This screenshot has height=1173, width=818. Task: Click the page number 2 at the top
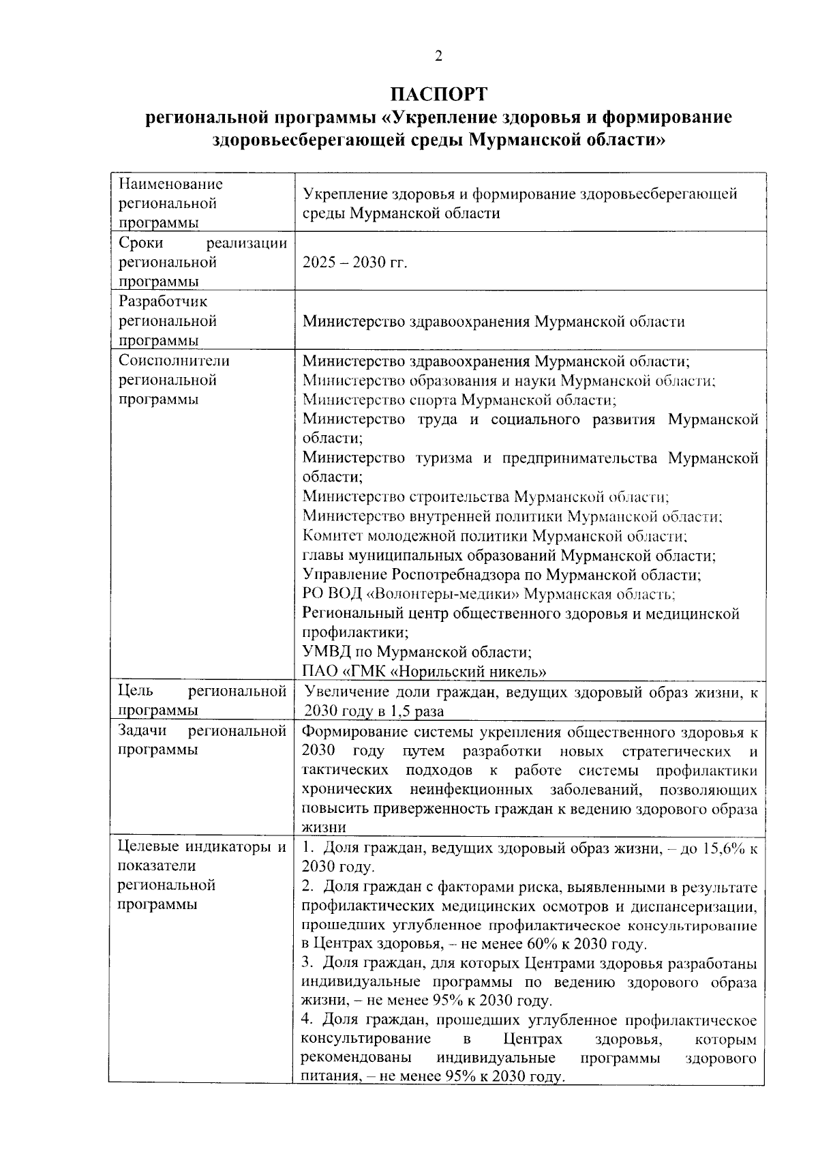point(439,56)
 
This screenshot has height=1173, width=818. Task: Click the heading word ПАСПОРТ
point(439,93)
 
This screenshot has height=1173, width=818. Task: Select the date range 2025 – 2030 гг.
point(354,263)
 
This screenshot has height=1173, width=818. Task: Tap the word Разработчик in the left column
point(163,301)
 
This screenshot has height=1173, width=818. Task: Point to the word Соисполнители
point(174,361)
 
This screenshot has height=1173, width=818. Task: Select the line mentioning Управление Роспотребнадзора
point(502,575)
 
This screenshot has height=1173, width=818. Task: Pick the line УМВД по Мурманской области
point(416,652)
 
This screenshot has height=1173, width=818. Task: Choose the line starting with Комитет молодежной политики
point(495,536)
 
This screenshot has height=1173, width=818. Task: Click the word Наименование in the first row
point(170,184)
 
